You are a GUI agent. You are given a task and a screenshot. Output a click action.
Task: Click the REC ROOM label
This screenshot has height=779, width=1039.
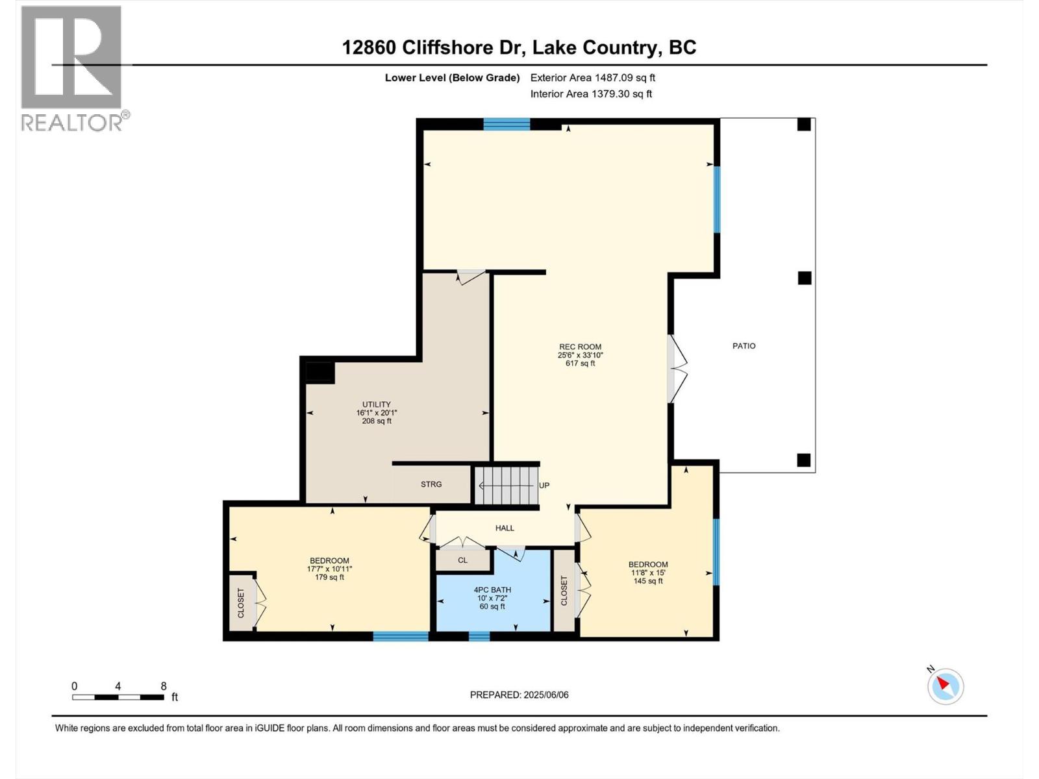point(580,354)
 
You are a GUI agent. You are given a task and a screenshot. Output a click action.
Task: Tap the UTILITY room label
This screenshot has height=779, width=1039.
point(376,412)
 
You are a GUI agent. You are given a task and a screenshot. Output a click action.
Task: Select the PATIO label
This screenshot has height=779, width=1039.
point(744,346)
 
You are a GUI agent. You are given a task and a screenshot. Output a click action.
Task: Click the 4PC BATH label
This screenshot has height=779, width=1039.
point(492,598)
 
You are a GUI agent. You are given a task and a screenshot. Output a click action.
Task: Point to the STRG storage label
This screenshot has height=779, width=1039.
point(431,484)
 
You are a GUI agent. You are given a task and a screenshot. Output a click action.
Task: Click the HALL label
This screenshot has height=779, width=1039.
point(505,528)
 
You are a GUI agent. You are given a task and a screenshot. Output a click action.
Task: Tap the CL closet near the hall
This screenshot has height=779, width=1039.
point(462,560)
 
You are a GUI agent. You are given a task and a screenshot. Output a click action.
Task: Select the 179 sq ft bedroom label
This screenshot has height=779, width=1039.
point(329,569)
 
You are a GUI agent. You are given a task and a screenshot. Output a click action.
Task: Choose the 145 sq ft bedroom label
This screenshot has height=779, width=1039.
point(647,573)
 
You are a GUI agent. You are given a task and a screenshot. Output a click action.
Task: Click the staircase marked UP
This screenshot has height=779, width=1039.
point(507,486)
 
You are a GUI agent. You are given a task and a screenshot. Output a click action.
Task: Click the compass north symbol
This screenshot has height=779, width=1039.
point(945,686)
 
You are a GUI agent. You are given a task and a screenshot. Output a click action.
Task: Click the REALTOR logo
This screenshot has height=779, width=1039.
point(72,68)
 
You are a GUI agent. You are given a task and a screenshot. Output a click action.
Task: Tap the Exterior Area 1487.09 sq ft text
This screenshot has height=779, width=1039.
point(592,77)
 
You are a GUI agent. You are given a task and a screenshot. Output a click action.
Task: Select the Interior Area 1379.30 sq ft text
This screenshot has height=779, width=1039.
point(591,93)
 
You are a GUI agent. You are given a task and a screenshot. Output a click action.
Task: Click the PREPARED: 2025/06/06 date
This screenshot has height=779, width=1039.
point(519,695)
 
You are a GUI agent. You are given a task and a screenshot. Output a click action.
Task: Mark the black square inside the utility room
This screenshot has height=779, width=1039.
point(319,372)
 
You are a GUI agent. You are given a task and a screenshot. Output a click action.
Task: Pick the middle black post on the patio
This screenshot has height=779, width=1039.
point(804,278)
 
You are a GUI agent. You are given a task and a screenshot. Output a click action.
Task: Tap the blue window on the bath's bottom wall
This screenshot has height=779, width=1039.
point(479,636)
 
